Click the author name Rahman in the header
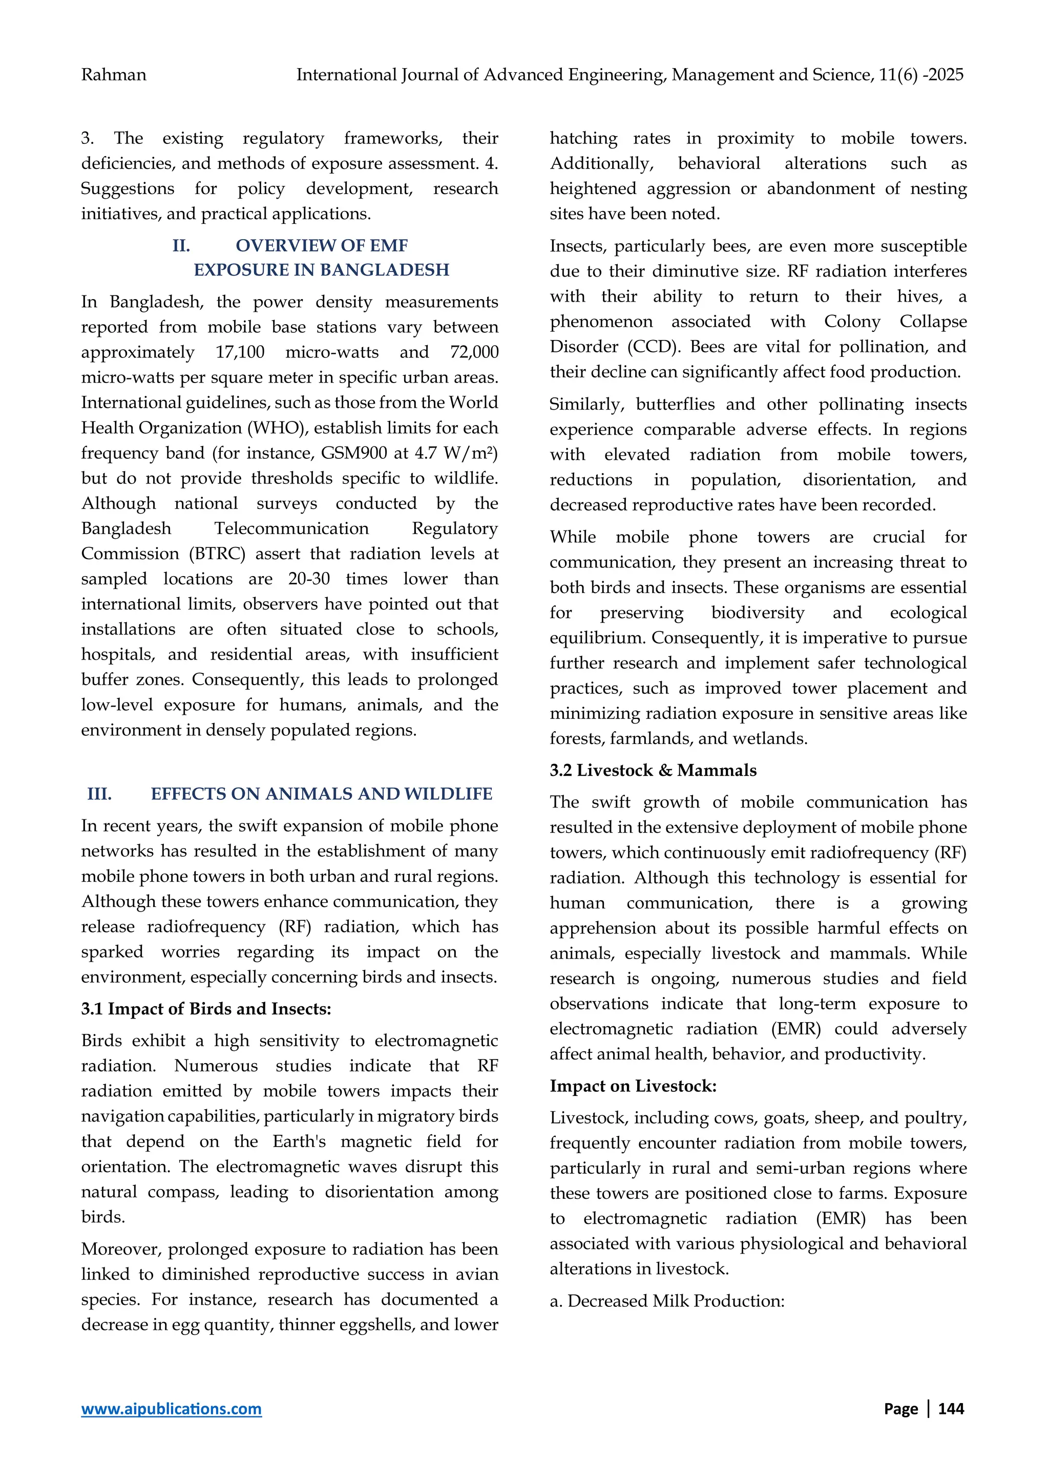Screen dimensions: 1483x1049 [114, 75]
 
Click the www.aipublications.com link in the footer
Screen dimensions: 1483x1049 [171, 1408]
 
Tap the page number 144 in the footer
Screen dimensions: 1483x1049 [950, 1408]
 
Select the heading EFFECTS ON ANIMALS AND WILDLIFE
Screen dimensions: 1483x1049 [321, 793]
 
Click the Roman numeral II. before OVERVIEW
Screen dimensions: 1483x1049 [181, 245]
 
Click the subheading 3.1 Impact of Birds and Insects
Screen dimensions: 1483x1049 [205, 1008]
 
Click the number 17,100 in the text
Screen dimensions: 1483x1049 [240, 352]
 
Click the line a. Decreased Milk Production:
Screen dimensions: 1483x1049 [666, 1300]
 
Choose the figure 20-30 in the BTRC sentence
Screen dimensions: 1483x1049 [309, 579]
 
